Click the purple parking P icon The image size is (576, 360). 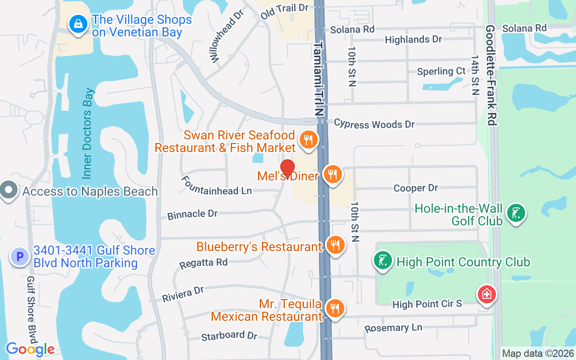(20, 257)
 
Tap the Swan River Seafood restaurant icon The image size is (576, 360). (308, 139)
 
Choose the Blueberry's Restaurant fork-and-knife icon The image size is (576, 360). (335, 245)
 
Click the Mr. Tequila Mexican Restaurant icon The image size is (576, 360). (335, 309)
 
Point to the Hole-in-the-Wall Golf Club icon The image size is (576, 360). (516, 213)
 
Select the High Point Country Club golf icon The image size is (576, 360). (382, 261)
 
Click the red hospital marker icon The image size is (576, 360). (486, 295)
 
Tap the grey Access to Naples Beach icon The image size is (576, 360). (8, 190)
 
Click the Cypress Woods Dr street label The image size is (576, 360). (374, 124)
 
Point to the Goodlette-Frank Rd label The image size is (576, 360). (491, 74)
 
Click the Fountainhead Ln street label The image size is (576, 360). (216, 185)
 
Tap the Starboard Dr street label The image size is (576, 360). (229, 336)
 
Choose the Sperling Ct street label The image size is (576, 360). (441, 72)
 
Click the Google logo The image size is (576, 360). (30, 349)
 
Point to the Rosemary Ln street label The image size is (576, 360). (393, 328)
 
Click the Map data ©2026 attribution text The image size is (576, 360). (538, 353)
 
